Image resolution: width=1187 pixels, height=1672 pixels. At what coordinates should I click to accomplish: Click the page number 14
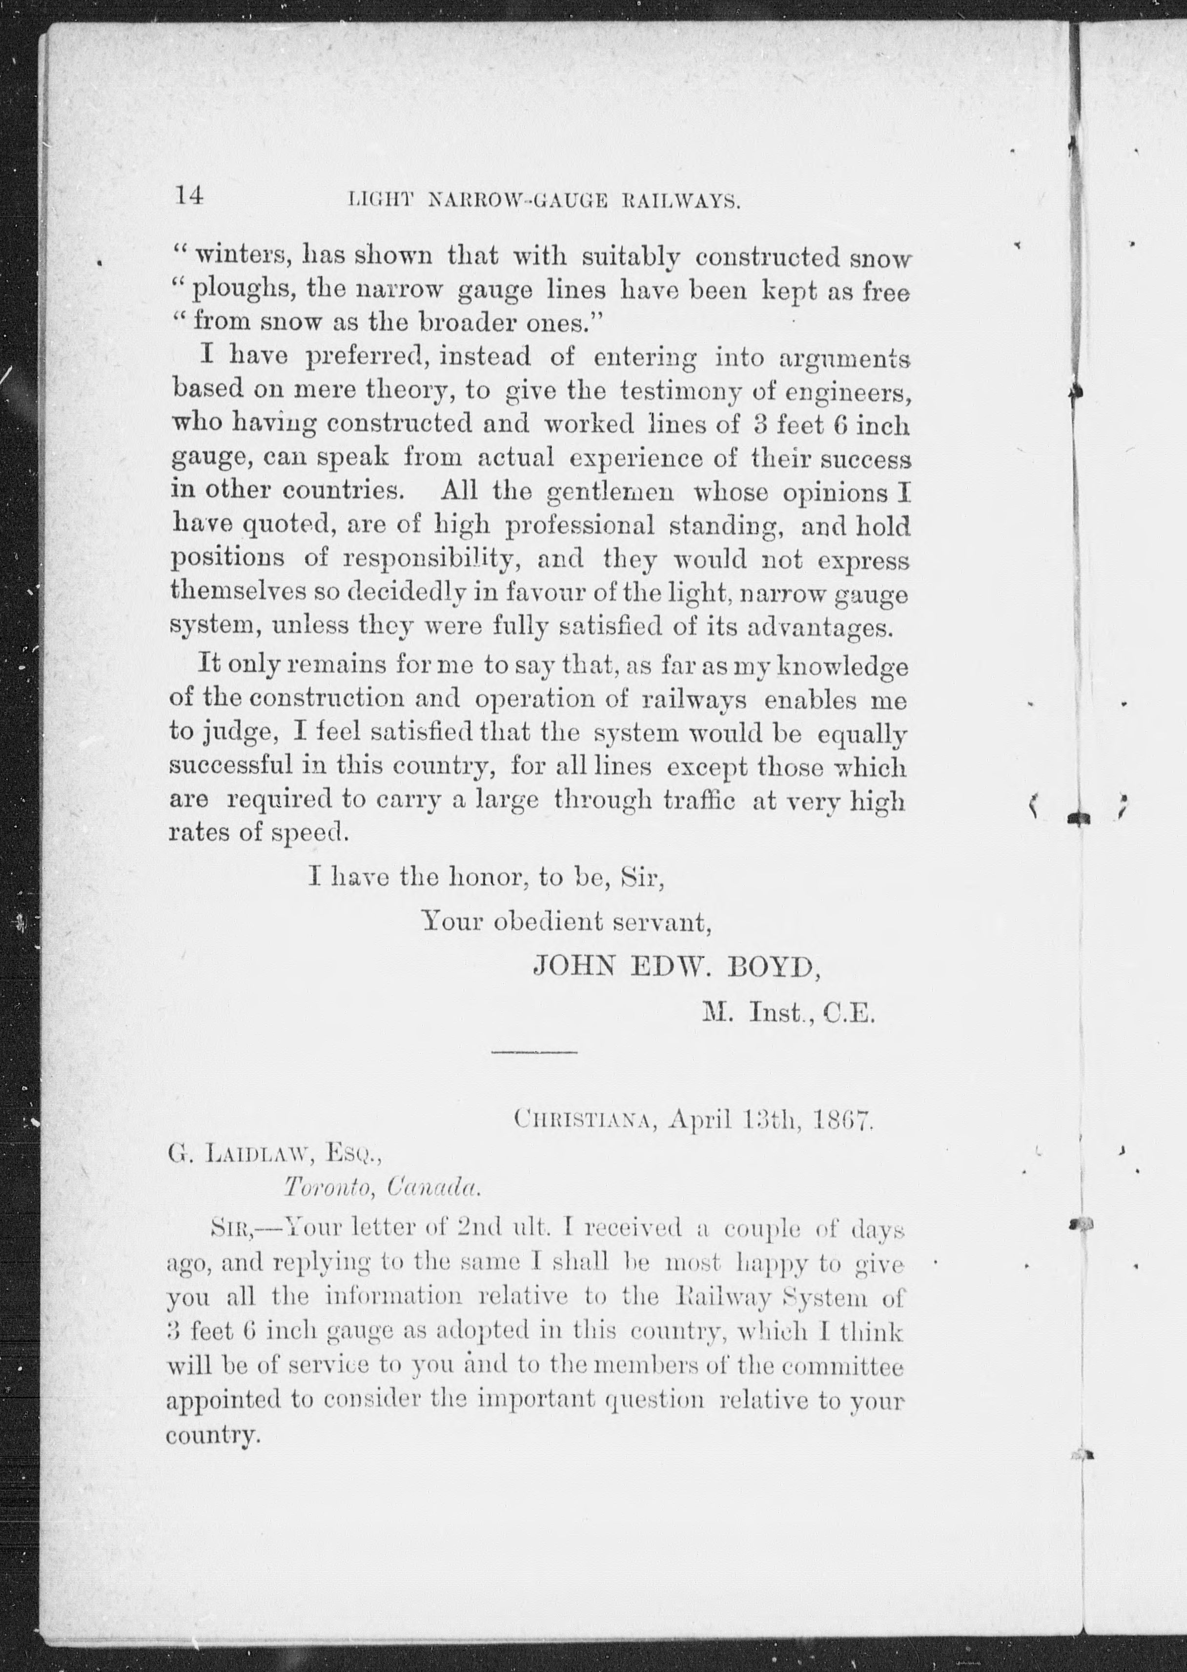(188, 196)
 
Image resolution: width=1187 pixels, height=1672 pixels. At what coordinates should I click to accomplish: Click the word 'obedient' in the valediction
(549, 922)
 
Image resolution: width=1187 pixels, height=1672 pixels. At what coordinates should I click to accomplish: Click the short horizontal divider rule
(534, 1052)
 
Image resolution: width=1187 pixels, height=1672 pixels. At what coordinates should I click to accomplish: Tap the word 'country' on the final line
(213, 1436)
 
